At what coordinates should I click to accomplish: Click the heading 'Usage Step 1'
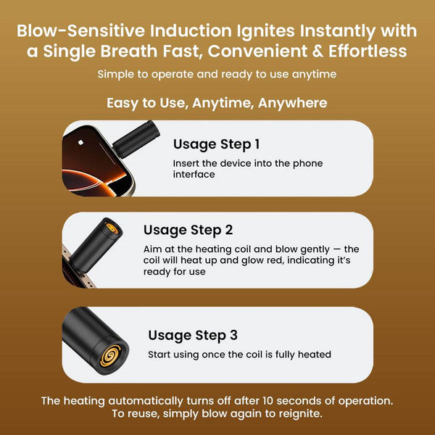tap(216, 144)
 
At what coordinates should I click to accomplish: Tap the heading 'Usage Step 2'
tap(188, 231)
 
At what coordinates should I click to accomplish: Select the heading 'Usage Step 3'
tap(193, 336)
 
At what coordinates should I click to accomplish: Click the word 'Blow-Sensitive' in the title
tap(80, 30)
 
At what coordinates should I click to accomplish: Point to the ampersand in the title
tap(318, 51)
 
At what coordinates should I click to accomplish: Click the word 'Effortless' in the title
tap(368, 51)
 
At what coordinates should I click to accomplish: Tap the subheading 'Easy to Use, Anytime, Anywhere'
tap(217, 103)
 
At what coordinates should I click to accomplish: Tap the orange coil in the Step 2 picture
tap(112, 228)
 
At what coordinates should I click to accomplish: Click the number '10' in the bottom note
tap(268, 401)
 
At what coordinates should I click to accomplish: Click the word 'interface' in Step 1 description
tap(194, 175)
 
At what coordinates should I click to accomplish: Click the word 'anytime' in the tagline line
tap(314, 75)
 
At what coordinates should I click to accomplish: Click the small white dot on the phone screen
tap(80, 142)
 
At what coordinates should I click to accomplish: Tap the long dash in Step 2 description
tap(336, 249)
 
